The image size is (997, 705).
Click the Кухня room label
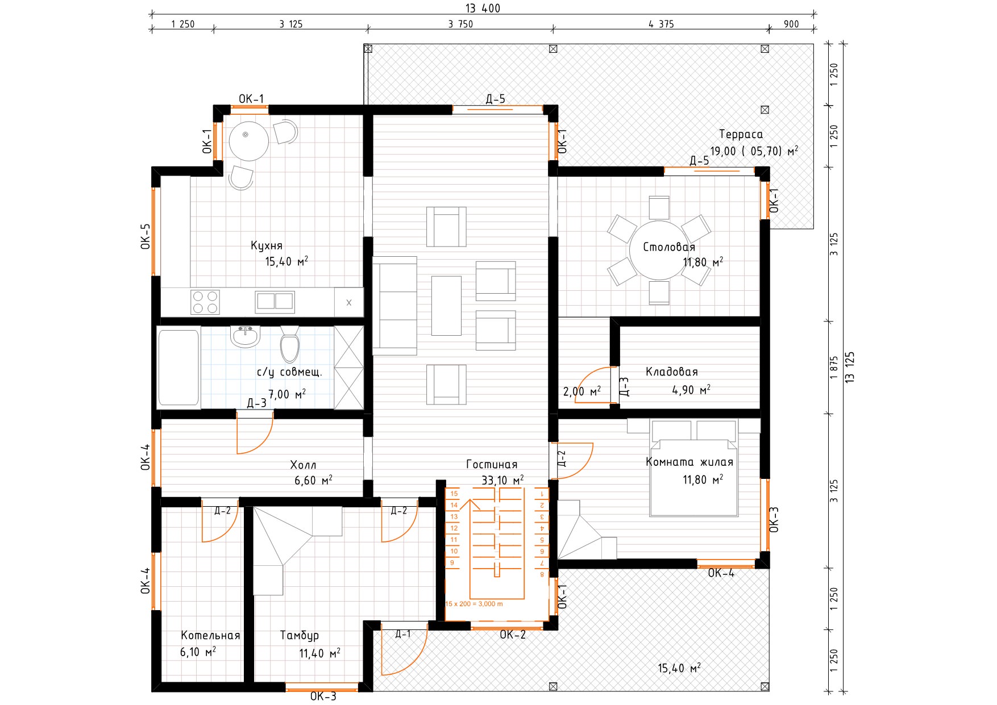coord(267,246)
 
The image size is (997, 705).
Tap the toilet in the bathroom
coord(290,344)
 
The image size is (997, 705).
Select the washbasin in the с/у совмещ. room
coord(246,336)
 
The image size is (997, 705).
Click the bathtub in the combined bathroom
coord(178,368)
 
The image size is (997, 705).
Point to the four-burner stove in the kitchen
coord(205,302)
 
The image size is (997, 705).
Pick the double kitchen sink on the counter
coord(275,301)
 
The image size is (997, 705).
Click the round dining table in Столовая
coord(659,250)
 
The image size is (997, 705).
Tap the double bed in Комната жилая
coord(693,468)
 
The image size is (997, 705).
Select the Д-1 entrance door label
coord(403,634)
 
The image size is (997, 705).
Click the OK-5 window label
coord(146,236)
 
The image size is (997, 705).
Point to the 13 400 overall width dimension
coord(483,8)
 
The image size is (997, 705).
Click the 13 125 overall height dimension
coord(850,367)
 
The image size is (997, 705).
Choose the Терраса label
coord(741,135)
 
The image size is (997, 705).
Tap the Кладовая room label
coord(671,372)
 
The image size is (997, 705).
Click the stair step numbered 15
coord(454,494)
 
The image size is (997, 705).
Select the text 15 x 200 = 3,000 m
coord(474,604)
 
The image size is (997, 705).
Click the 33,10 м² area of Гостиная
coord(502,481)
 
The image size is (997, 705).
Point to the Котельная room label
coord(210,636)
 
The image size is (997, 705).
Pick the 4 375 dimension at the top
coord(661,24)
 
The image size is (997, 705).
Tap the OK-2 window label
coord(513,635)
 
